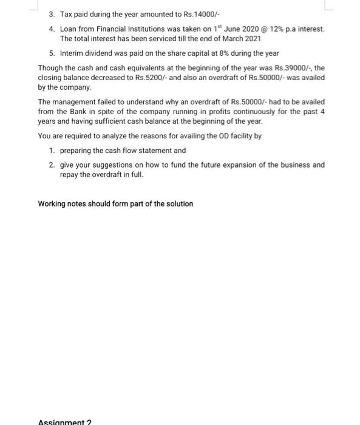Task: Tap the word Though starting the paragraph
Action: pos(49,68)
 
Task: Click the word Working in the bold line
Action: pos(52,204)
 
